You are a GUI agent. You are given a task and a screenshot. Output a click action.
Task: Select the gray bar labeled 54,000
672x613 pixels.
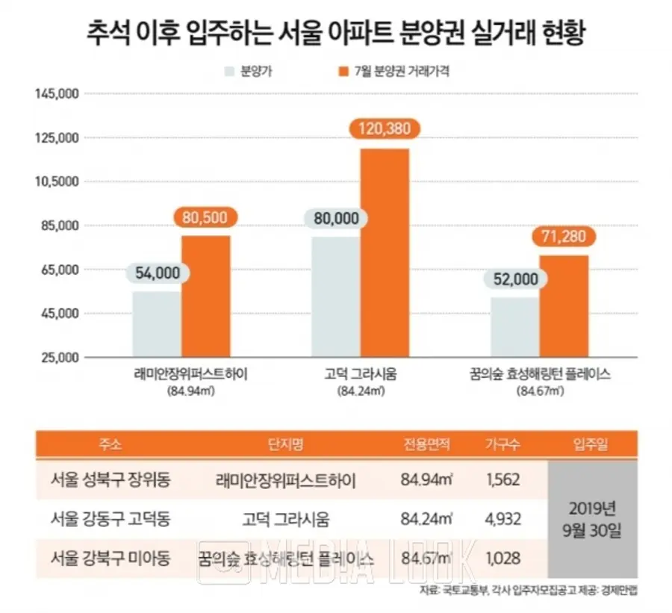tap(157, 323)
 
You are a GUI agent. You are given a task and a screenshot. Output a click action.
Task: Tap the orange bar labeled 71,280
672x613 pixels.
tap(564, 305)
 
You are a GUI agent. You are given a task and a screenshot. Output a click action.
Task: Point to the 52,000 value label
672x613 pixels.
tap(515, 279)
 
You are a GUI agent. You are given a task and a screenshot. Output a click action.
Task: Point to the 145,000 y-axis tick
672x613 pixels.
tap(57, 94)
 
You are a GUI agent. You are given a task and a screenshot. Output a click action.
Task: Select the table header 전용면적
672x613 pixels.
tap(426, 445)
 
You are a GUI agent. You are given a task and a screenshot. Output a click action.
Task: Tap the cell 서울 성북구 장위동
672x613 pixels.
tap(110, 479)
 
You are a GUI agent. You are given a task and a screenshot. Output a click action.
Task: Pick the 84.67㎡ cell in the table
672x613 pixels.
tap(426, 556)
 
